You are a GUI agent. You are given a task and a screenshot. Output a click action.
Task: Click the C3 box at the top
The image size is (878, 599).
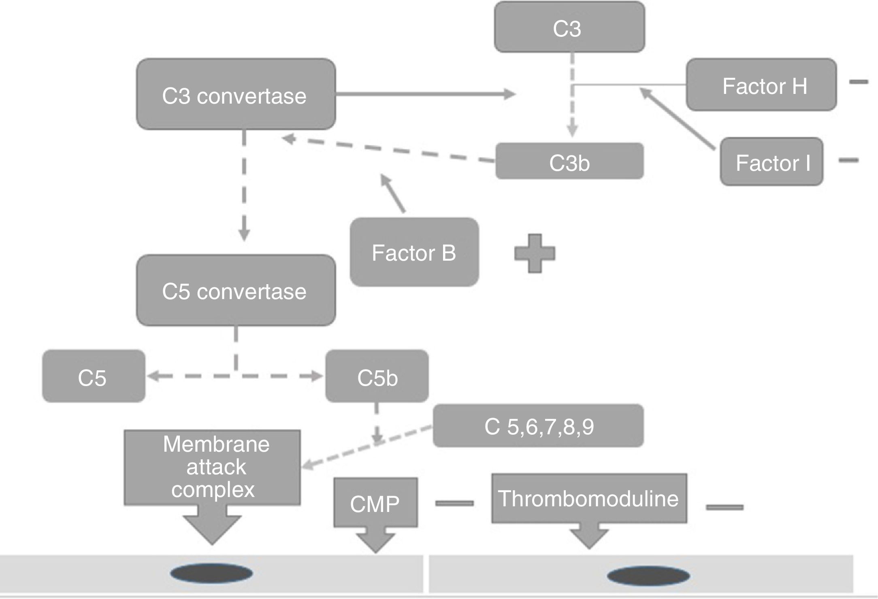coord(569,28)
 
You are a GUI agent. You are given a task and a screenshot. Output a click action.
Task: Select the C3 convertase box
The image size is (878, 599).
coord(236,95)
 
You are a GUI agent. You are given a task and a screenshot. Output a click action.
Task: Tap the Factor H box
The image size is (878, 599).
coord(761,85)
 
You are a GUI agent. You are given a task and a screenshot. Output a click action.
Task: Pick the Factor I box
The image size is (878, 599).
coord(771,162)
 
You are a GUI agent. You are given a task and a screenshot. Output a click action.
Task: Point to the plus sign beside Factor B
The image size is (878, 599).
coord(535,253)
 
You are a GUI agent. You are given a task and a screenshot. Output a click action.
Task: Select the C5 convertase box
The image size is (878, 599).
coord(236,290)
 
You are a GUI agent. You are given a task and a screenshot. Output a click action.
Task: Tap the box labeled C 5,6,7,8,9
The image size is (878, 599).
coord(538,426)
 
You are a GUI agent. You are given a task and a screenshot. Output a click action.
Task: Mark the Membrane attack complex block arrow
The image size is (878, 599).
coord(212,474)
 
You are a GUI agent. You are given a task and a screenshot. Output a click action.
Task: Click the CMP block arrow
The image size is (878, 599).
coord(375,506)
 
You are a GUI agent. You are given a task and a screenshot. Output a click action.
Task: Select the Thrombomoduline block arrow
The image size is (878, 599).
coord(589,502)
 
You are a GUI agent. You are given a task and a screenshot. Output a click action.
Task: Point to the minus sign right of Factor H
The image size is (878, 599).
coord(858,82)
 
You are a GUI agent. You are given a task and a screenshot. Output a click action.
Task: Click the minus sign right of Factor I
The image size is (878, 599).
coord(848,160)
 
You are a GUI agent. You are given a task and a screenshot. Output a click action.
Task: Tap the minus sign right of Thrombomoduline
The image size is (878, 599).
coord(725,507)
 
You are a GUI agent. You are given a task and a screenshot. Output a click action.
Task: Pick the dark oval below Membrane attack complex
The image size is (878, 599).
coord(211,574)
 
